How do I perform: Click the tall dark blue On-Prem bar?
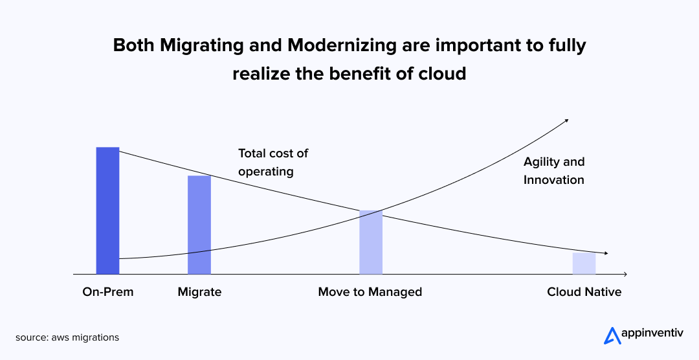[x=108, y=210]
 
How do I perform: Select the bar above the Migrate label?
[x=199, y=225]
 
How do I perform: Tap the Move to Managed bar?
[x=371, y=242]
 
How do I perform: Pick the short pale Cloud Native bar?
[x=584, y=264]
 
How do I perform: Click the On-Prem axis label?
[x=108, y=292]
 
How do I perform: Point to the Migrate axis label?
[x=199, y=292]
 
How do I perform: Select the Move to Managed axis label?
[x=370, y=292]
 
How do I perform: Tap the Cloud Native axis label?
[x=584, y=292]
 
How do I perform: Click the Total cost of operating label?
[x=273, y=163]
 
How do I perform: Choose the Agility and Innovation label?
[x=553, y=170]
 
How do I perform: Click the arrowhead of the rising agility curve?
[x=566, y=120]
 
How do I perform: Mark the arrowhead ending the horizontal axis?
[x=625, y=274]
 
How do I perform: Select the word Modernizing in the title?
[x=342, y=46]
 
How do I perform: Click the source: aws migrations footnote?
[x=67, y=338]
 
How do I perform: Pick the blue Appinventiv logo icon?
[x=612, y=336]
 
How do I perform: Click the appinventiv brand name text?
[x=651, y=333]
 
